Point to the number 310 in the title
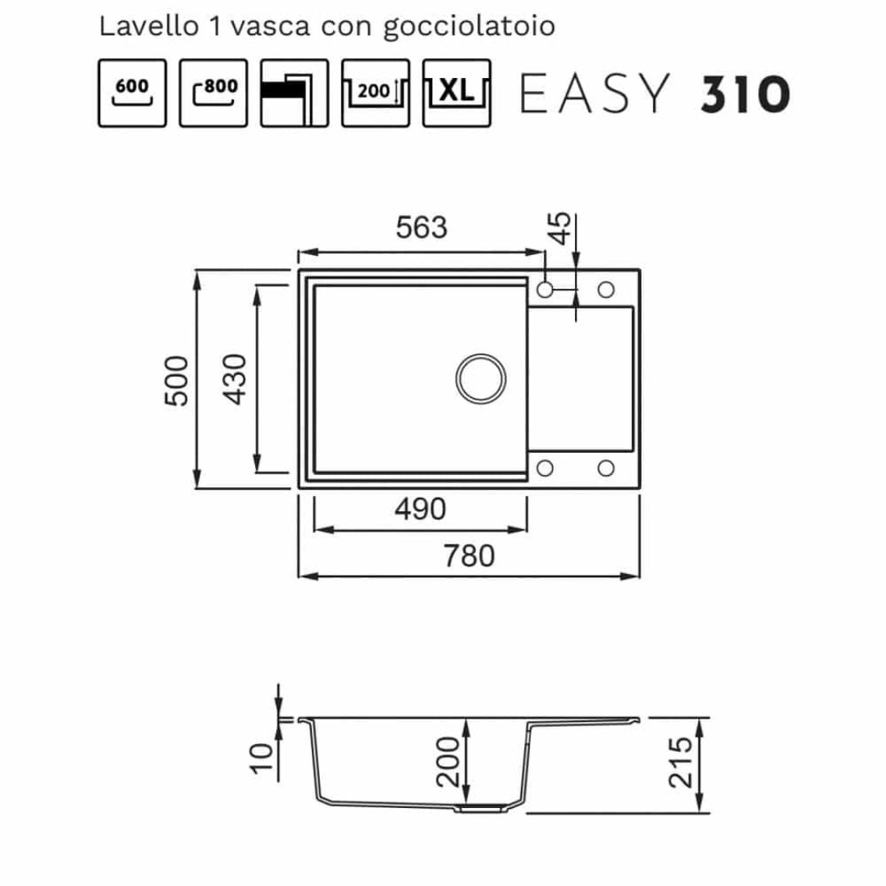[x=745, y=94]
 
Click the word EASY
[x=595, y=94]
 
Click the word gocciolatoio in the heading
[x=469, y=27]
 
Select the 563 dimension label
[x=422, y=227]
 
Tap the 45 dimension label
[x=560, y=228]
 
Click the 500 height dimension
[x=176, y=381]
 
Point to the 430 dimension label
[x=235, y=379]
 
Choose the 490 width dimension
[x=420, y=509]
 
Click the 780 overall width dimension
[x=469, y=556]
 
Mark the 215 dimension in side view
[x=680, y=762]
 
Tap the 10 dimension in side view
[x=261, y=757]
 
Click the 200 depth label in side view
[x=448, y=761]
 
